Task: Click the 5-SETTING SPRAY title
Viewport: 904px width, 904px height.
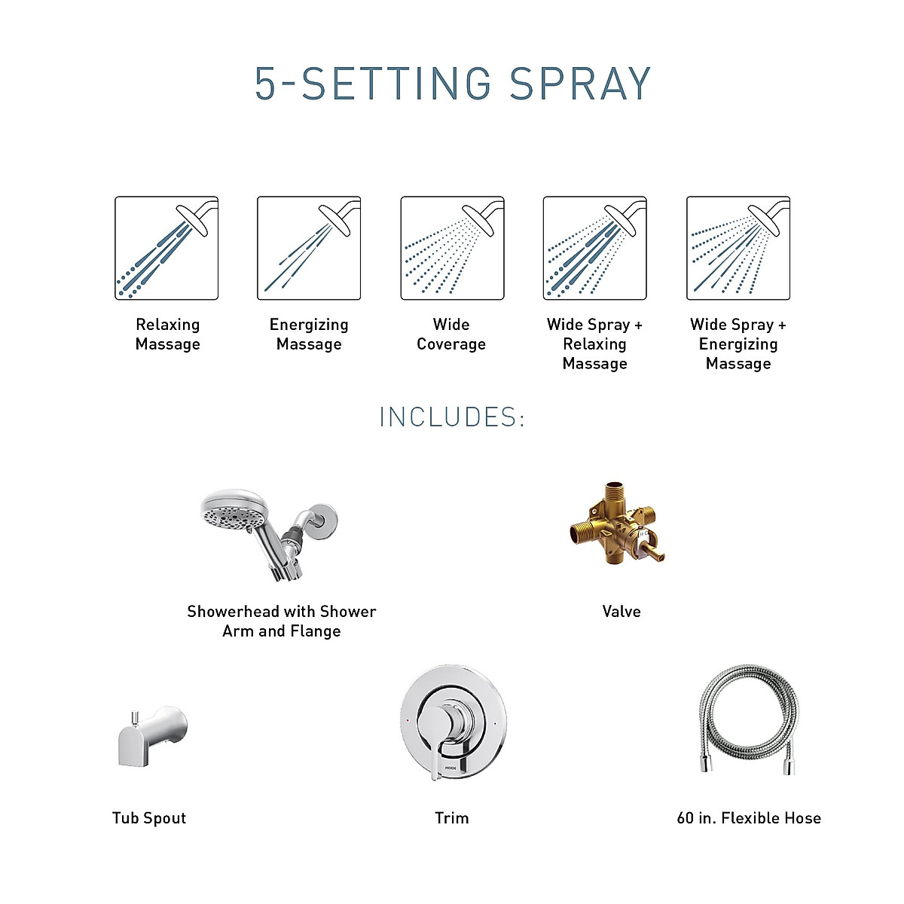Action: click(x=452, y=84)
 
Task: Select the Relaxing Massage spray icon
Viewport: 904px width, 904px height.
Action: click(x=166, y=248)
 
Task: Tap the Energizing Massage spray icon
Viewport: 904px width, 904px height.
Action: click(x=309, y=248)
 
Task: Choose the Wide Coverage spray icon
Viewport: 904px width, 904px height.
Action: click(x=452, y=248)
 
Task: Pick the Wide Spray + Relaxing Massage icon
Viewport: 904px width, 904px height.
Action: click(x=595, y=248)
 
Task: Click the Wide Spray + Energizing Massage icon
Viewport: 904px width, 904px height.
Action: click(x=738, y=248)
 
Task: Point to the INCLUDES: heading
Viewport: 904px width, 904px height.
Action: click(x=452, y=417)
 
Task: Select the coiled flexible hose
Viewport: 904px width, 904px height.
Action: click(x=746, y=719)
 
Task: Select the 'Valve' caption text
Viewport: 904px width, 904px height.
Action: click(x=621, y=612)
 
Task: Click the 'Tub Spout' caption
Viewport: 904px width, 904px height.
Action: click(x=149, y=818)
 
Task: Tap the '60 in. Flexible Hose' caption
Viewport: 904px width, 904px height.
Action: click(x=749, y=818)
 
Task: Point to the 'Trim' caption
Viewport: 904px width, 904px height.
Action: click(x=452, y=818)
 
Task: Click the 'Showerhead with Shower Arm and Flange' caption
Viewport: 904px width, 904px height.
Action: click(x=282, y=621)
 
